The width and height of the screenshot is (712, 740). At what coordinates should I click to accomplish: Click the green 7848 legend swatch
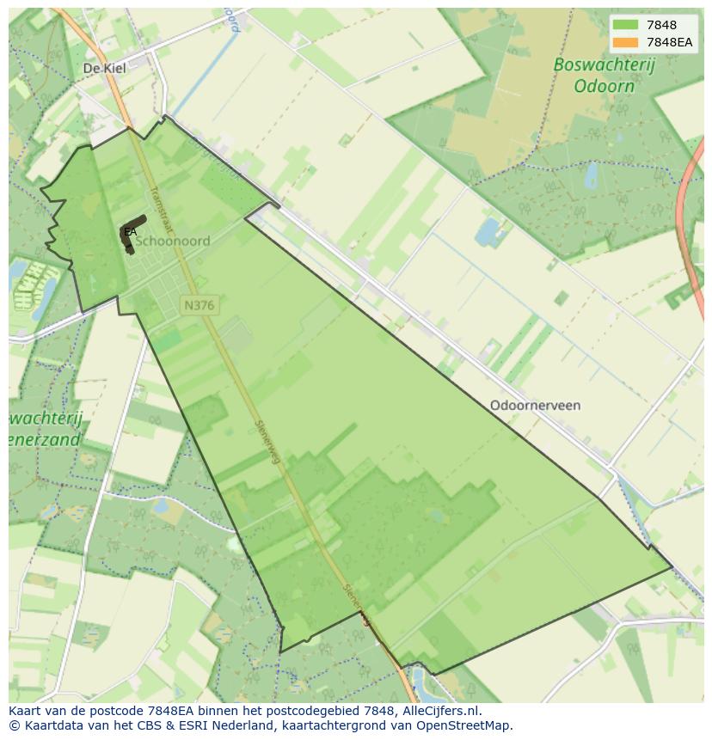click(x=626, y=26)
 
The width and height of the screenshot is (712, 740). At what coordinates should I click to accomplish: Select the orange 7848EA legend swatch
click(x=626, y=42)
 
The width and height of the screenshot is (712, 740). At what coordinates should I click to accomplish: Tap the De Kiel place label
click(x=104, y=68)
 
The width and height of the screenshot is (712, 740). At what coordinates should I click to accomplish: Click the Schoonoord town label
click(x=172, y=242)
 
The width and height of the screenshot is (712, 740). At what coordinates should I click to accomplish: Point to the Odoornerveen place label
click(x=535, y=405)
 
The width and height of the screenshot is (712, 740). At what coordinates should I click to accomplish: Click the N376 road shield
click(x=199, y=305)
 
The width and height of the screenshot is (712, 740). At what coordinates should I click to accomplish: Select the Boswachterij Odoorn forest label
click(x=593, y=76)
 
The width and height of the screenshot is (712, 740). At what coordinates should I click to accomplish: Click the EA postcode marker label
click(x=130, y=232)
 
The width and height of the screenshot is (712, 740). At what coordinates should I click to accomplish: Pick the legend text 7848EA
click(x=670, y=42)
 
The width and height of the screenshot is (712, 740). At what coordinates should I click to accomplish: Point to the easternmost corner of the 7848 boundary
click(x=672, y=567)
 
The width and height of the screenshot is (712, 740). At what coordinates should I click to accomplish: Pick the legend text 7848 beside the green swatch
click(x=661, y=26)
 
